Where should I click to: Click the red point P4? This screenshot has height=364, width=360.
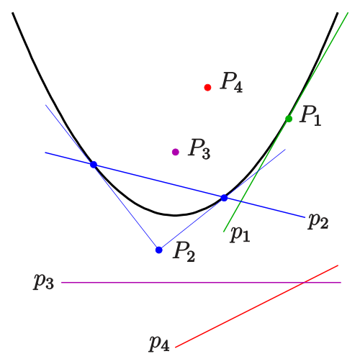click(x=207, y=88)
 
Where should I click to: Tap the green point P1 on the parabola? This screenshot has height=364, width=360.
click(x=289, y=119)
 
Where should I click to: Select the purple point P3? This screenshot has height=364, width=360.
click(x=176, y=152)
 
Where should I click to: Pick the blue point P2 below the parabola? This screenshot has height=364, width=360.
click(x=159, y=250)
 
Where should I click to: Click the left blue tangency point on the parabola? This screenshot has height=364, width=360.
click(x=94, y=165)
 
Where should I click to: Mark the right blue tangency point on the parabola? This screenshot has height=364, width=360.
click(x=224, y=198)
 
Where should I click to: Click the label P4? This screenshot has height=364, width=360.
click(x=231, y=82)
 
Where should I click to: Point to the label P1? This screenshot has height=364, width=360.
click(x=310, y=116)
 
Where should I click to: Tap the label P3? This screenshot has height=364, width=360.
click(x=199, y=149)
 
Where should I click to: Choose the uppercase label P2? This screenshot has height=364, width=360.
click(x=184, y=252)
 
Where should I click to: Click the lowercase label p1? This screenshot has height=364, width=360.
click(x=240, y=234)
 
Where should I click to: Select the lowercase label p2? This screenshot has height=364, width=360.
click(x=318, y=221)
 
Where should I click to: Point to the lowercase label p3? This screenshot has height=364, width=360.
click(x=43, y=281)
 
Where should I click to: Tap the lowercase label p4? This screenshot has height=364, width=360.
click(x=159, y=343)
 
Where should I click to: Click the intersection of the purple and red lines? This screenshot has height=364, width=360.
click(x=304, y=283)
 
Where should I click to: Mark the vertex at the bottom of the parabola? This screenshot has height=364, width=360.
click(x=175, y=215)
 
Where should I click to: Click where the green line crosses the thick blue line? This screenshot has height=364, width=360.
click(x=240, y=202)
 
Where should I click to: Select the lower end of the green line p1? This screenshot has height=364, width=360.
click(x=224, y=232)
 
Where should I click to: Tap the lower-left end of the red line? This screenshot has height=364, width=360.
click(x=176, y=347)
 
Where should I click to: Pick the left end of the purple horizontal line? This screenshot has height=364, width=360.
click(x=61, y=283)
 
